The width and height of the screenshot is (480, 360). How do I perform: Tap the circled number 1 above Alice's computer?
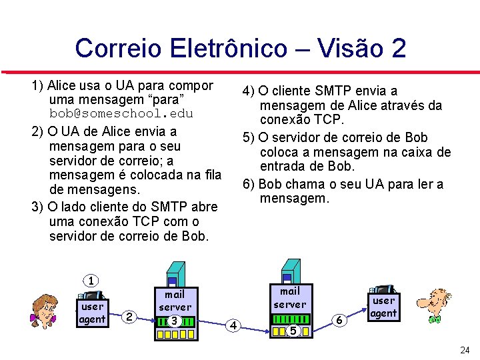pos(91,281)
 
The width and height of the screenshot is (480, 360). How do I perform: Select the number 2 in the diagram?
pos(131,316)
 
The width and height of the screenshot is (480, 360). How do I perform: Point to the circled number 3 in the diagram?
pos(174,321)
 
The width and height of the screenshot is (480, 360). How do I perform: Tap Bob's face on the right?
pos(437,305)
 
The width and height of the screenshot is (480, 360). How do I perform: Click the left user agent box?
pos(92,313)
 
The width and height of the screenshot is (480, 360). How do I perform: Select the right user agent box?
pos(383,307)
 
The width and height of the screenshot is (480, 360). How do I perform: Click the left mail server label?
pos(175,300)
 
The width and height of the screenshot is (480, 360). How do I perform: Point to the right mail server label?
pos(290,297)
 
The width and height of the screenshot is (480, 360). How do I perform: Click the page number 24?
pos(465,350)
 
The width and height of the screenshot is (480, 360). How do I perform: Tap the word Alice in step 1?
pos(63,85)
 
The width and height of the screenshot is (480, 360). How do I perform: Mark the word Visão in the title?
pos(351,49)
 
